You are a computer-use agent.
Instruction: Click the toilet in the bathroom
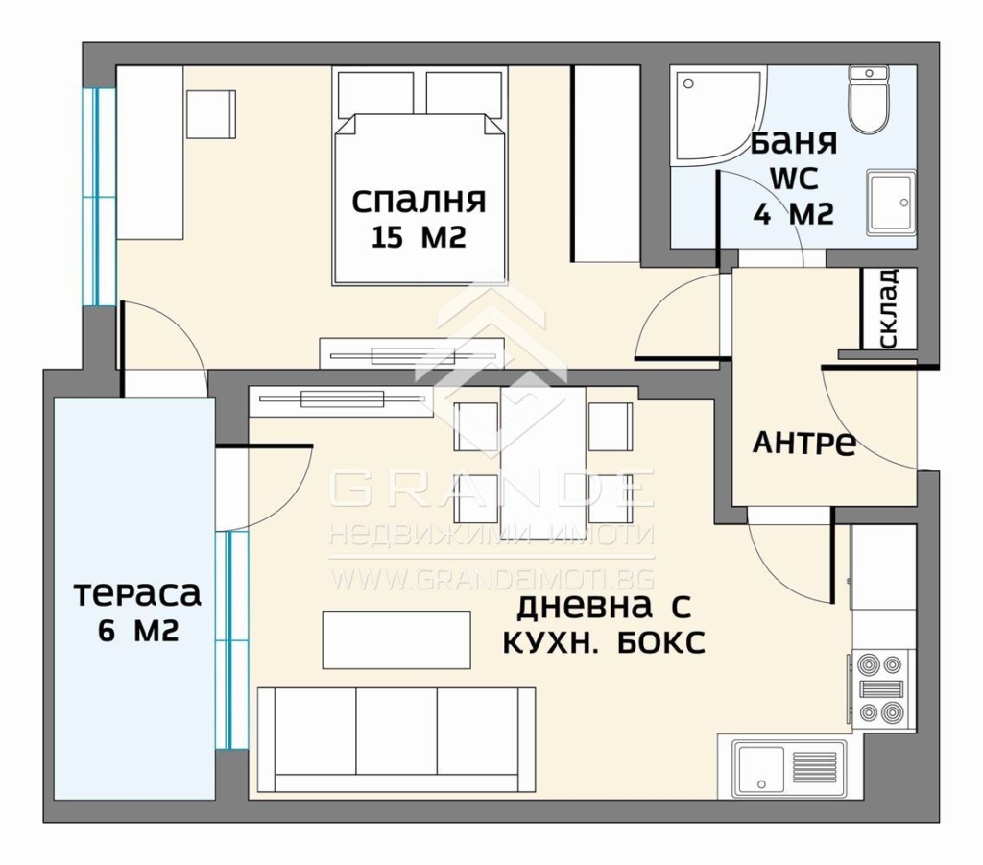(868, 99)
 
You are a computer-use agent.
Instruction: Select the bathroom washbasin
(890, 203)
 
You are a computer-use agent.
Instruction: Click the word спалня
(419, 202)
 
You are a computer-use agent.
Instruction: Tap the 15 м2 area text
(419, 237)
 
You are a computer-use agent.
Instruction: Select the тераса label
(138, 594)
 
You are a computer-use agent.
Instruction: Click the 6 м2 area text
(138, 631)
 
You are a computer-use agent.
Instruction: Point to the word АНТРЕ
(804, 444)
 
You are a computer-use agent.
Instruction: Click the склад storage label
(890, 308)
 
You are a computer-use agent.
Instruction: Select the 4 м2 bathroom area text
(794, 215)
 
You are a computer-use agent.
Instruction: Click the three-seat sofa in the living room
(396, 739)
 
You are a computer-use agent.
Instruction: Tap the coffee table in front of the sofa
(396, 640)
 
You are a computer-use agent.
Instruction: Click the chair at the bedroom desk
(211, 115)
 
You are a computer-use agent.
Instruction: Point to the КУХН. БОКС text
(604, 642)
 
